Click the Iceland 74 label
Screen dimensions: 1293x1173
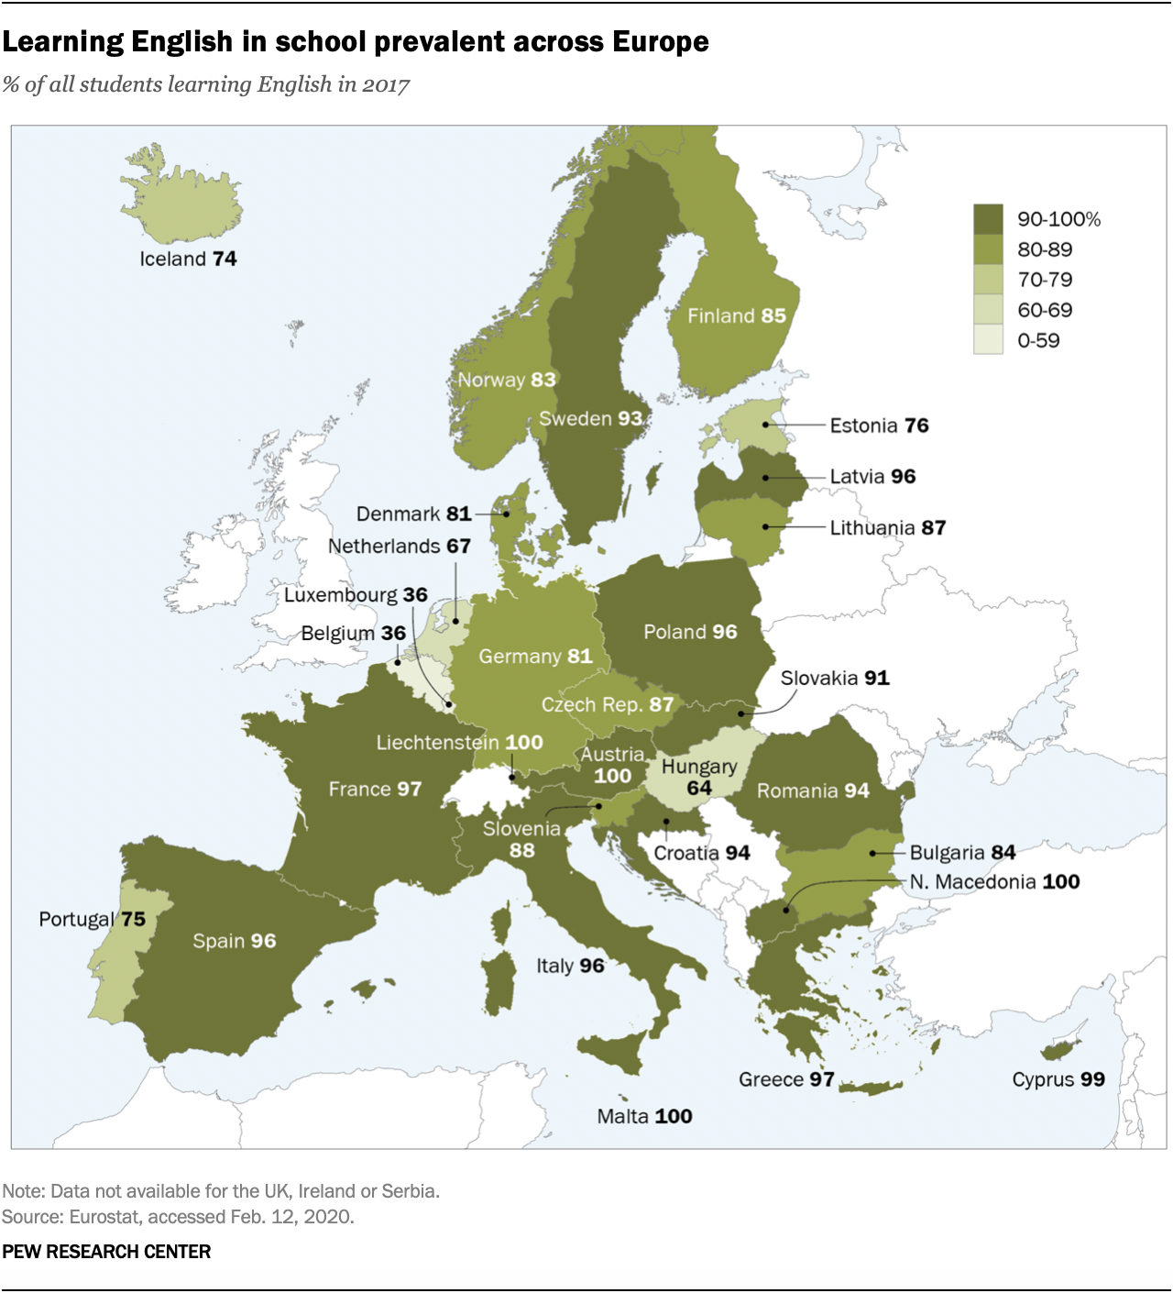(x=188, y=260)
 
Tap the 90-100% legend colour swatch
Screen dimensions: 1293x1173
(x=988, y=219)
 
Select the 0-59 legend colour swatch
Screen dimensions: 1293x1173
(x=988, y=340)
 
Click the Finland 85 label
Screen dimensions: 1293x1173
(x=737, y=316)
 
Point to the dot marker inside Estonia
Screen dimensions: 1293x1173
(x=766, y=425)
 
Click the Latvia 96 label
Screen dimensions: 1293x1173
(x=872, y=477)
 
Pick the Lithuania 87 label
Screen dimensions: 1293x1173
(x=887, y=528)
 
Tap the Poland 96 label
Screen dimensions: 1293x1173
(x=690, y=632)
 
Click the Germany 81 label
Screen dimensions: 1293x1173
(x=535, y=657)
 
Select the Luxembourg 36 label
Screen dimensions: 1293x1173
(x=356, y=595)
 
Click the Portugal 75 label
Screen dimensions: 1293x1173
(x=92, y=919)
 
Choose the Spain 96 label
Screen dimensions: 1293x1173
(x=234, y=941)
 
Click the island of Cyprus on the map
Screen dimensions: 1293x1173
(x=1060, y=1048)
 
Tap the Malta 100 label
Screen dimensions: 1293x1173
(x=644, y=1116)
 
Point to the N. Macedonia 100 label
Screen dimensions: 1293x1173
(x=994, y=882)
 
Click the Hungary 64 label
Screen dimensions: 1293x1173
(x=699, y=777)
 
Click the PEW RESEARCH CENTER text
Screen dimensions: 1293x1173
(x=106, y=1252)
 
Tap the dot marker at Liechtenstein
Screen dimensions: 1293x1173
(x=512, y=777)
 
